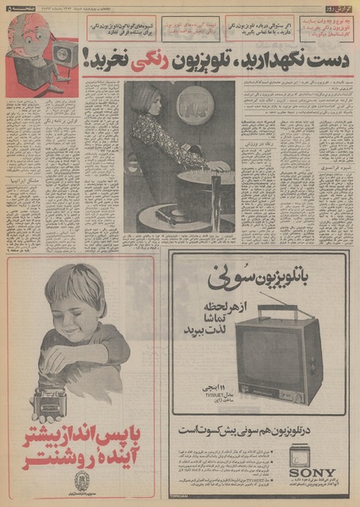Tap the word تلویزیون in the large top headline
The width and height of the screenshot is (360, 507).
pos(198,59)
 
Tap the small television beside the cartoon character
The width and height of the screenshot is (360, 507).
pos(65,59)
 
